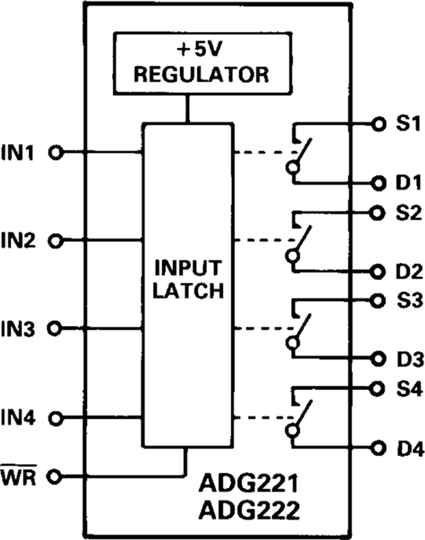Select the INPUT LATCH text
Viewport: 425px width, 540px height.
[188, 279]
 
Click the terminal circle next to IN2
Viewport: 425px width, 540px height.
[57, 241]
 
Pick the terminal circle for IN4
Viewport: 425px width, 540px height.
[57, 418]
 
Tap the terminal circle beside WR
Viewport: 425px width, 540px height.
[57, 477]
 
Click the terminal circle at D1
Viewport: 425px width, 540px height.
[377, 182]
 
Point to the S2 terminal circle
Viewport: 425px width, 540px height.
[377, 213]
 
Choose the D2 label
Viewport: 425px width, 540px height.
[405, 272]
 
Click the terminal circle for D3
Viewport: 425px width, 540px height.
[377, 358]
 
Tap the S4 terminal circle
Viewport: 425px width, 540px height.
[377, 388]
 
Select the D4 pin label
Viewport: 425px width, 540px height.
[405, 447]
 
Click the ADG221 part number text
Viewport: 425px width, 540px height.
[248, 486]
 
